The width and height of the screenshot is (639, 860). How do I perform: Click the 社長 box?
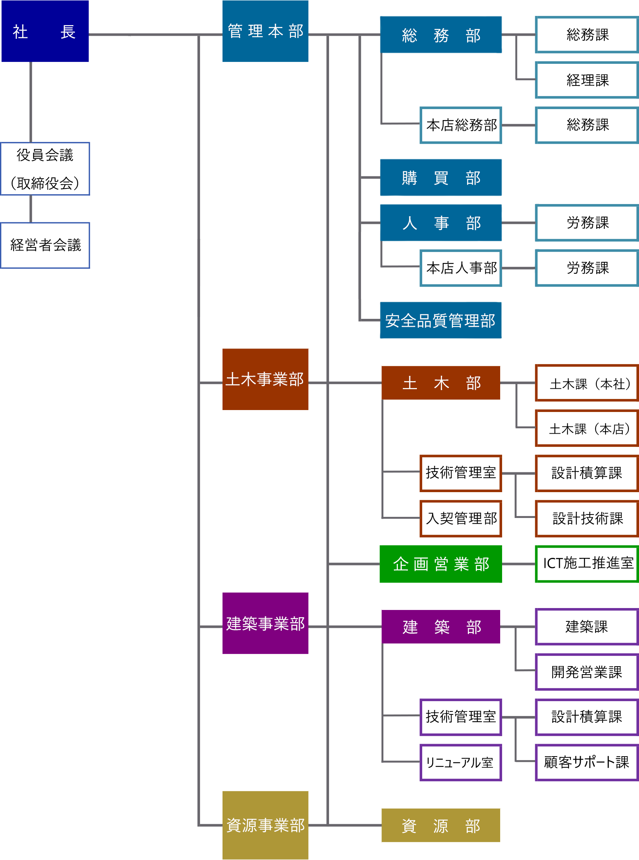pyautogui.click(x=45, y=31)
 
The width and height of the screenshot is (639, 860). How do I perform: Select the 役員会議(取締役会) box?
pyautogui.click(x=45, y=169)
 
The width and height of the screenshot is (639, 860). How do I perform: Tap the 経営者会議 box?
pyautogui.click(x=45, y=245)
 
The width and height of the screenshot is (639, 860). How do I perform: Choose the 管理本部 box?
pyautogui.click(x=265, y=31)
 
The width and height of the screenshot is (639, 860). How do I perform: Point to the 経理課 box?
pyautogui.click(x=587, y=80)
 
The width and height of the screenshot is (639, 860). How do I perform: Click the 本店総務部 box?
pyautogui.click(x=461, y=125)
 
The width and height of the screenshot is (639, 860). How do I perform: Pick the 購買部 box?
pyautogui.click(x=440, y=178)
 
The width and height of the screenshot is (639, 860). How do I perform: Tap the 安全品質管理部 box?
pyautogui.click(x=440, y=320)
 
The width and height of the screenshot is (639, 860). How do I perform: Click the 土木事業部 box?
pyautogui.click(x=265, y=380)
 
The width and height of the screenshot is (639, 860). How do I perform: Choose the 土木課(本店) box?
pyautogui.click(x=587, y=429)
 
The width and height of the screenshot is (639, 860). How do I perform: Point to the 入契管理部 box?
pyautogui.click(x=461, y=519)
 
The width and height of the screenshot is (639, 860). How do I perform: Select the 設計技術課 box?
pyautogui.click(x=587, y=519)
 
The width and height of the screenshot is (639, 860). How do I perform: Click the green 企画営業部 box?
pyautogui.click(x=440, y=564)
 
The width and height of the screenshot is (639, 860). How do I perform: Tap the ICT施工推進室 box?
pyautogui.click(x=587, y=564)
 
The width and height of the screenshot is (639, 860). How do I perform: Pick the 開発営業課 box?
pyautogui.click(x=587, y=672)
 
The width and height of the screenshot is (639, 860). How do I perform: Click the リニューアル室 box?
pyautogui.click(x=461, y=763)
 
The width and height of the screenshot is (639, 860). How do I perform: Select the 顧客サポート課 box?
pyautogui.click(x=587, y=763)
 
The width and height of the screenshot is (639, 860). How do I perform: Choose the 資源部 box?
pyautogui.click(x=440, y=825)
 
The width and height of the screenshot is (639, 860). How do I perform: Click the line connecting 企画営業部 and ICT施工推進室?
pyautogui.click(x=519, y=564)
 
